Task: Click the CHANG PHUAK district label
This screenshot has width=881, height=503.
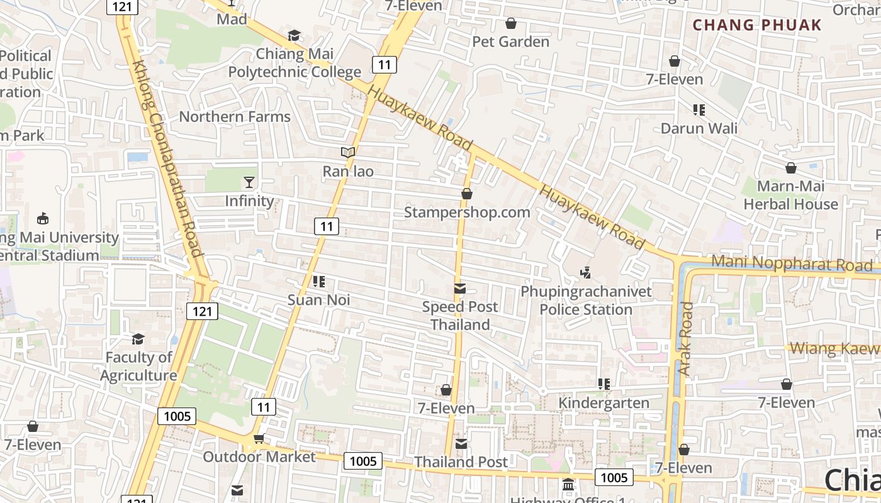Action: (x=757, y=25)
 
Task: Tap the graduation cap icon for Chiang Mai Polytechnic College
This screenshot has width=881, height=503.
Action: (x=294, y=35)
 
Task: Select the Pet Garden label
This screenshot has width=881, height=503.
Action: (x=511, y=41)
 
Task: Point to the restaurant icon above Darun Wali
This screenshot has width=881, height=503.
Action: (x=699, y=110)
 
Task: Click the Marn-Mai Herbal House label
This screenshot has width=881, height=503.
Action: (x=790, y=195)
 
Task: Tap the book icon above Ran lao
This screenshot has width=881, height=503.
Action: (x=348, y=152)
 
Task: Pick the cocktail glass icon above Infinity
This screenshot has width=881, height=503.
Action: (x=250, y=182)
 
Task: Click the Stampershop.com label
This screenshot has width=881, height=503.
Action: (x=467, y=212)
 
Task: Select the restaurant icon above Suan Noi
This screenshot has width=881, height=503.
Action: (x=319, y=282)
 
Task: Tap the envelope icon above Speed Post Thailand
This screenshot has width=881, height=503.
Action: (x=460, y=289)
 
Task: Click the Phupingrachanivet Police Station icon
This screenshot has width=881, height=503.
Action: (x=586, y=273)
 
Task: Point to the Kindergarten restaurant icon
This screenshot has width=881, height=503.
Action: (x=604, y=384)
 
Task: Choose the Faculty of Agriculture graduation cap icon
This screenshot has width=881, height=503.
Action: (x=138, y=340)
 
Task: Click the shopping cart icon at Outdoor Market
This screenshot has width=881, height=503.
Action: (x=259, y=438)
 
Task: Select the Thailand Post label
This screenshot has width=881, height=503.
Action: (x=461, y=462)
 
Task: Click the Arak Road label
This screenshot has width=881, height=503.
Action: (x=685, y=340)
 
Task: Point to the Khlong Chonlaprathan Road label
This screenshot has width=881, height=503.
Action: (x=168, y=159)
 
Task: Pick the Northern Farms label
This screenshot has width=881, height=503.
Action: (x=235, y=116)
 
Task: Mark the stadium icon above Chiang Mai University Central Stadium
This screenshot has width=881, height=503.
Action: (x=43, y=219)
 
